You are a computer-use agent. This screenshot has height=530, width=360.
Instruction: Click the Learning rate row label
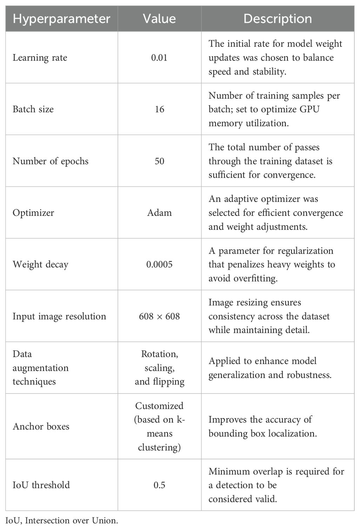(40, 58)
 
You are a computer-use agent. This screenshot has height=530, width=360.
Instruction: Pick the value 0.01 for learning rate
(159, 58)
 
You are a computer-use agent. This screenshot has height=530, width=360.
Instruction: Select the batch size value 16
(159, 109)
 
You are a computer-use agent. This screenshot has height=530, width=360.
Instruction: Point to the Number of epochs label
(51, 161)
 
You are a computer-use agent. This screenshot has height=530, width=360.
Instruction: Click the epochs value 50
(159, 161)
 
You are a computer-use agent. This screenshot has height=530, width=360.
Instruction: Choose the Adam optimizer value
(159, 213)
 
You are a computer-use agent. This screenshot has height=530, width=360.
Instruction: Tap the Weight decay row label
(40, 264)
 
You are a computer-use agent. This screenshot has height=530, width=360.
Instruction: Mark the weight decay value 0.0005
(159, 264)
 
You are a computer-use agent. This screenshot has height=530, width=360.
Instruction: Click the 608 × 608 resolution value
(159, 316)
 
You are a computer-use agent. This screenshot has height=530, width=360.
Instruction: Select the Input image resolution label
(59, 316)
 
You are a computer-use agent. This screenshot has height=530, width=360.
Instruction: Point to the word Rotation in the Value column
(159, 354)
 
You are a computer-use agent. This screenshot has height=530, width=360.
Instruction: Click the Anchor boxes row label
(41, 426)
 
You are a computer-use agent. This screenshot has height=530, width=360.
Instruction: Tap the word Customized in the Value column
(159, 406)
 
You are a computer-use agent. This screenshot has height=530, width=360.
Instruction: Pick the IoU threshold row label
(41, 485)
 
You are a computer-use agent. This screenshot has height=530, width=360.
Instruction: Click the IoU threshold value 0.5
(159, 485)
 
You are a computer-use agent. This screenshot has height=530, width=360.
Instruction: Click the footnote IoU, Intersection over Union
(62, 520)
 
